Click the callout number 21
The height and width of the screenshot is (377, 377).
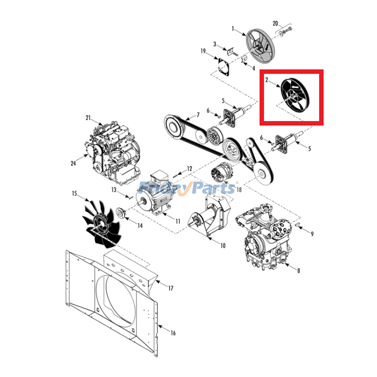(88, 118)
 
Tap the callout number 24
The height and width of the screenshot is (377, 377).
(74, 163)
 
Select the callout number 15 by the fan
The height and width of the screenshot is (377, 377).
(74, 193)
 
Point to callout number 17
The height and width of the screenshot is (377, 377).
(171, 288)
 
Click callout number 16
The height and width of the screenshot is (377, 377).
(173, 333)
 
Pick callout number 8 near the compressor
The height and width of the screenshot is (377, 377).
(299, 270)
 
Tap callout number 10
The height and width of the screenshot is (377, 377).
(223, 246)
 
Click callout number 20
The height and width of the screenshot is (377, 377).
(275, 24)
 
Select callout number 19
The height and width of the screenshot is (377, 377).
(203, 51)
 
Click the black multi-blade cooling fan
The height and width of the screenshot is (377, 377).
(102, 223)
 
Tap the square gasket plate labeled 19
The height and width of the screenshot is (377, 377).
(223, 66)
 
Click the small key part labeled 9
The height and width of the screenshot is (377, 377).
(297, 224)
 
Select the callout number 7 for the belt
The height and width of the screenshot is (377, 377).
(198, 115)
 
